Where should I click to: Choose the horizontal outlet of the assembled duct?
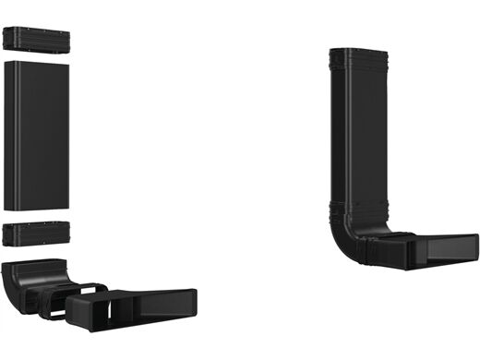[x=434, y=246]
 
